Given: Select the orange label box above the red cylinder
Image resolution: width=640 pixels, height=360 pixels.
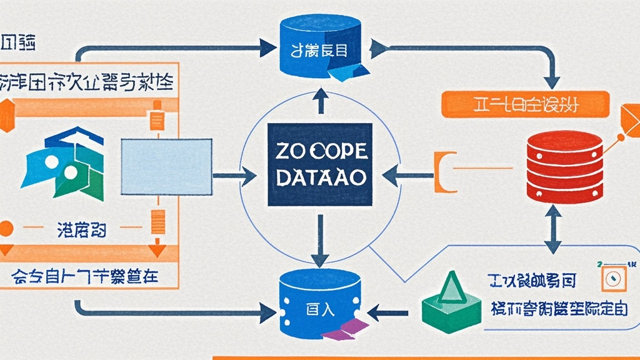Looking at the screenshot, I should [x=525, y=104].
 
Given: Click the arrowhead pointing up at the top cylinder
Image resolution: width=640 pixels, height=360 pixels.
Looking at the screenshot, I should [x=319, y=94].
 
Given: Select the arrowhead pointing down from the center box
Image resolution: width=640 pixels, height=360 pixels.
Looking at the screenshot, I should [x=320, y=256].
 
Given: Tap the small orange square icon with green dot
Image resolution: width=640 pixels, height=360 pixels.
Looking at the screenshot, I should [x=613, y=277].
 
